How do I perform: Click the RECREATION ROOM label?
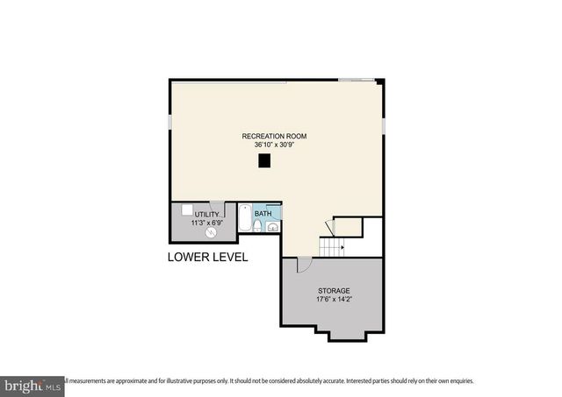(275, 136)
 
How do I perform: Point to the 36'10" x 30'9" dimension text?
(275, 145)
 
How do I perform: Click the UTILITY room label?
(206, 215)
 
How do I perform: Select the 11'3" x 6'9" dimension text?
(206, 223)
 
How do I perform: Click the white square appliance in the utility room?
(187, 210)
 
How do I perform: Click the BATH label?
(263, 213)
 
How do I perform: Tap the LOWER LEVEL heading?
(207, 258)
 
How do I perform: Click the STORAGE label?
(334, 290)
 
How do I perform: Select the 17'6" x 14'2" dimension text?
(334, 300)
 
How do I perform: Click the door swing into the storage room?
(303, 263)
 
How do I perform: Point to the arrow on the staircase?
(340, 247)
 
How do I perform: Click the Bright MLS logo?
(32, 385)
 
